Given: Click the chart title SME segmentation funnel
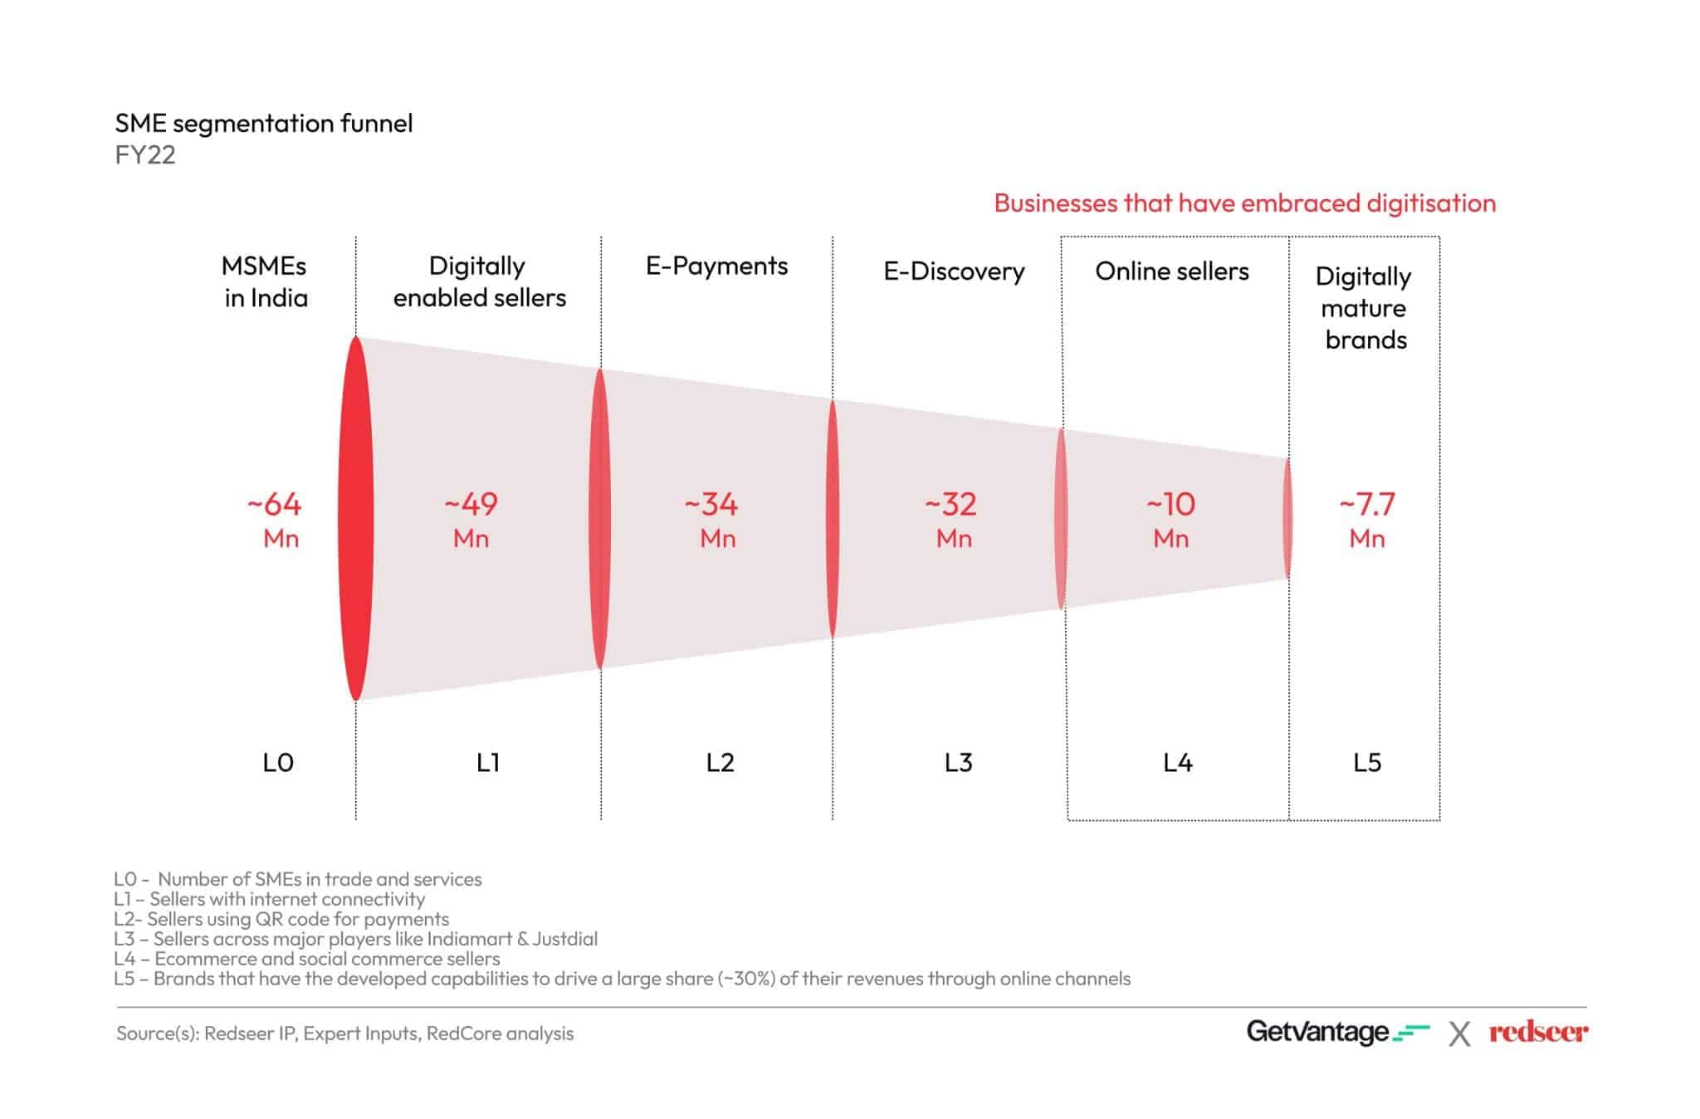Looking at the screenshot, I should pyautogui.click(x=263, y=124).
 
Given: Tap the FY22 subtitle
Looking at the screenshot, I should pyautogui.click(x=145, y=155).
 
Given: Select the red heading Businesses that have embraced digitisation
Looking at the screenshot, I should pyautogui.click(x=1244, y=203).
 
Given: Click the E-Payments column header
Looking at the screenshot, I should pyautogui.click(x=716, y=266).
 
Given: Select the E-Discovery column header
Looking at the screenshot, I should pyautogui.click(x=954, y=271).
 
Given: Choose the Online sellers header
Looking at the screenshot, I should pyautogui.click(x=1171, y=271).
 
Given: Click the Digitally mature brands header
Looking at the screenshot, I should pyautogui.click(x=1364, y=308).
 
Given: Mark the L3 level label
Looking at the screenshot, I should pyautogui.click(x=958, y=762).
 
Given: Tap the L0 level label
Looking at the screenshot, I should pyautogui.click(x=278, y=762).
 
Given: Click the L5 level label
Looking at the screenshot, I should pyautogui.click(x=1366, y=762).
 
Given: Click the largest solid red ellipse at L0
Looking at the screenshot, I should pyautogui.click(x=355, y=519).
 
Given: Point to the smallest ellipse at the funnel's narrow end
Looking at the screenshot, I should pyautogui.click(x=1287, y=519).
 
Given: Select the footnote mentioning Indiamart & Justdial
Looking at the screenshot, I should pyautogui.click(x=355, y=939).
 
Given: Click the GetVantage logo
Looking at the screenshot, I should pyautogui.click(x=1336, y=1032).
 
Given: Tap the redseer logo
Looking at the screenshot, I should pyautogui.click(x=1537, y=1032).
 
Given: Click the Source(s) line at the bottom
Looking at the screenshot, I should pyautogui.click(x=344, y=1033).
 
